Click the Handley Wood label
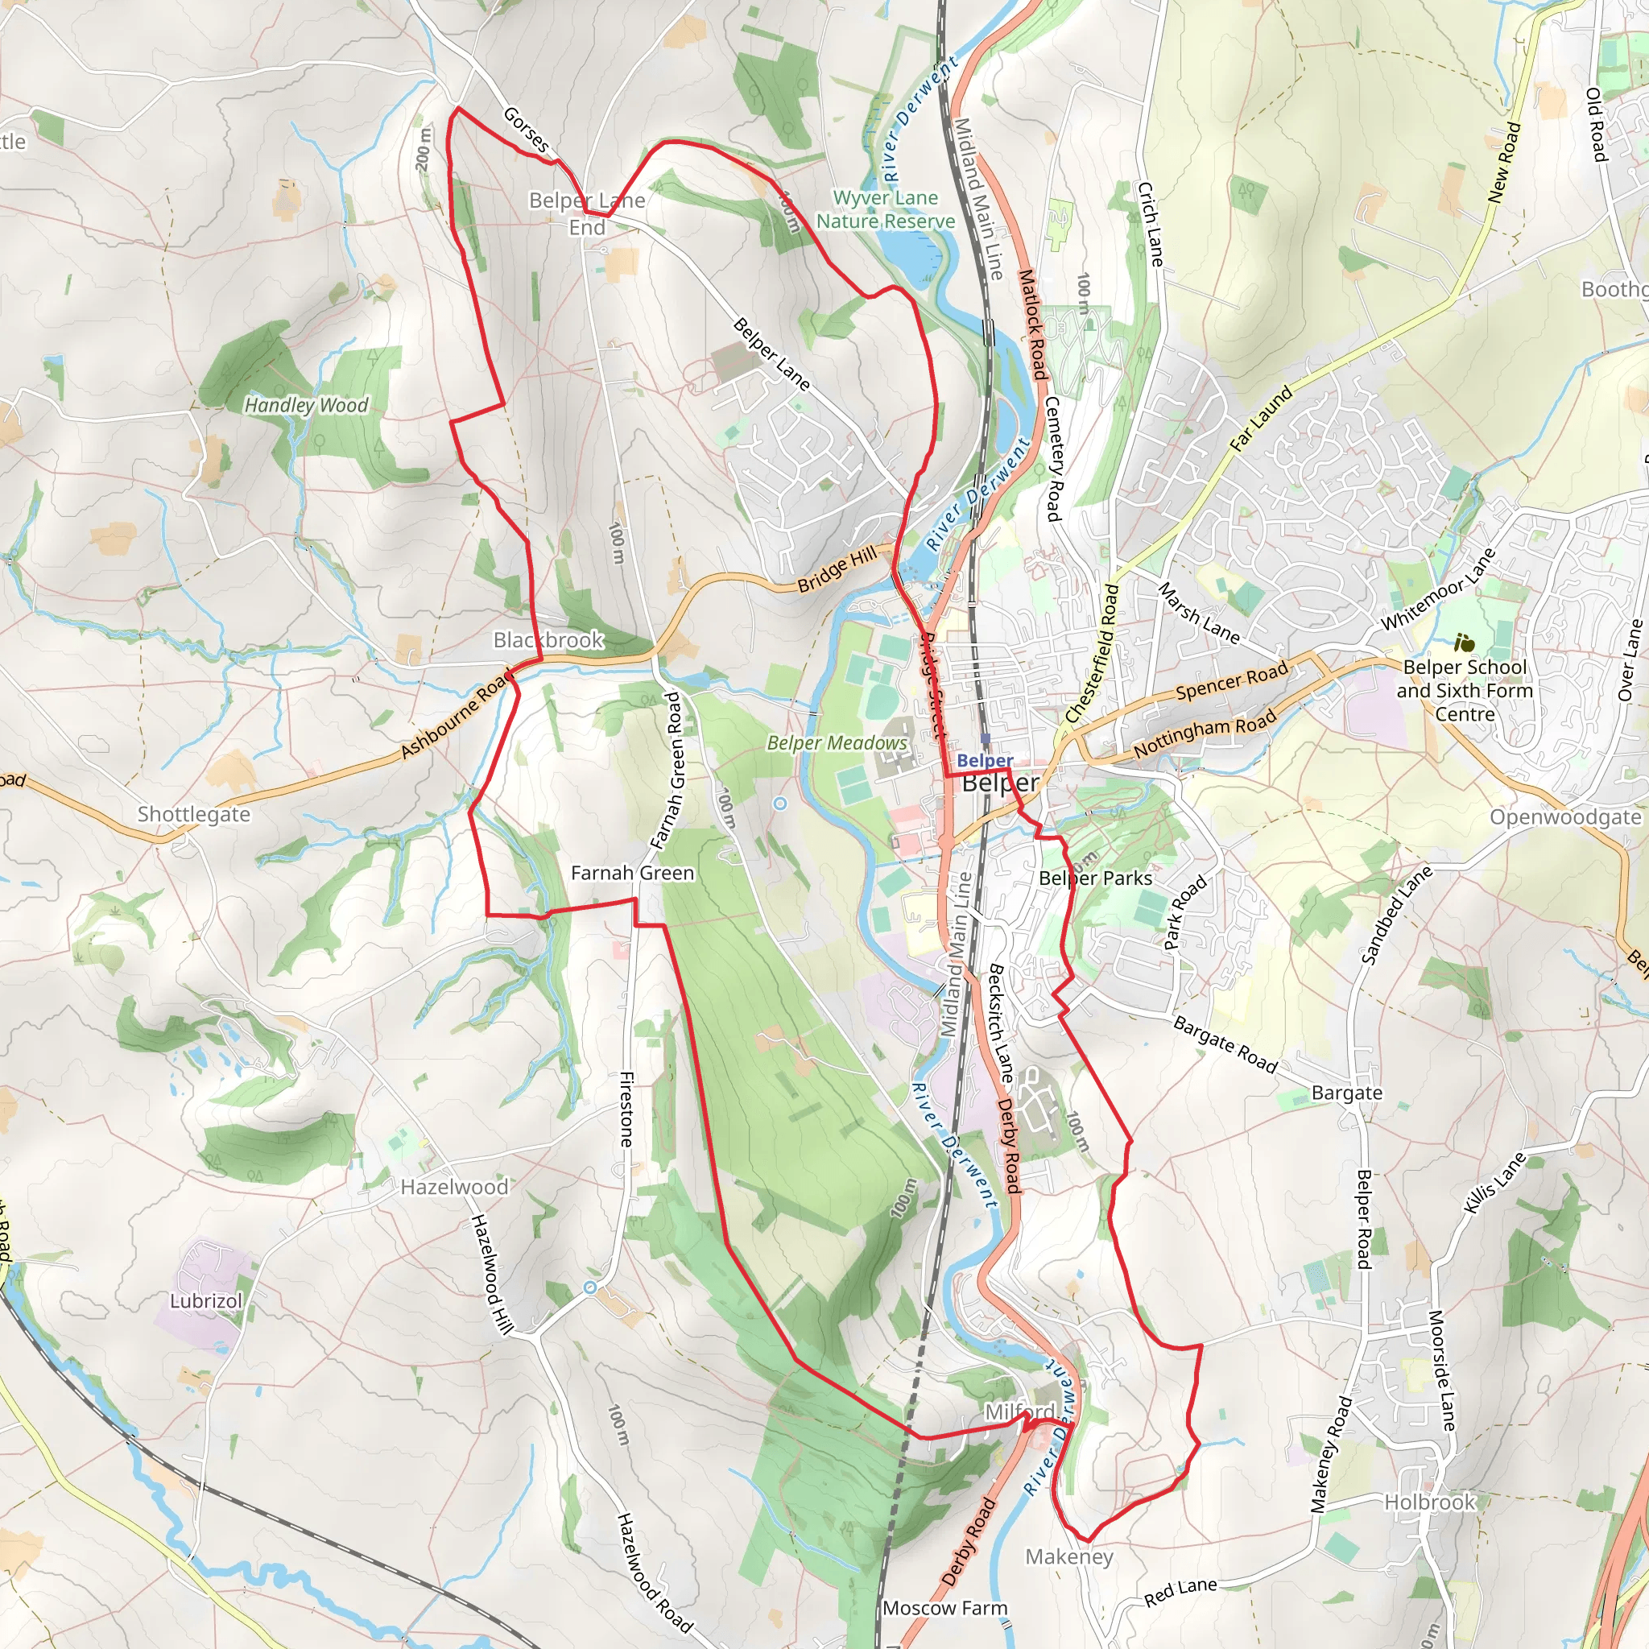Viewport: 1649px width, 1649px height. pos(307,406)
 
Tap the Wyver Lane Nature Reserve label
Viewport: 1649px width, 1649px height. pos(885,210)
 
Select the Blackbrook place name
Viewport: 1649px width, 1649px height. pos(548,640)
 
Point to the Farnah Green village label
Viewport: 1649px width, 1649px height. pos(632,873)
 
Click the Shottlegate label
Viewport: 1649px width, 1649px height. pos(194,814)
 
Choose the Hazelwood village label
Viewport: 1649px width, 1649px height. pos(454,1188)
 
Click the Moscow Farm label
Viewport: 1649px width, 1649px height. pos(944,1608)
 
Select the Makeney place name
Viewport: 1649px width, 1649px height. pos(1069,1557)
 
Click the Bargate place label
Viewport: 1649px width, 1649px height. pos(1347,1093)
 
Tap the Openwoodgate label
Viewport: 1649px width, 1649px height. pos(1565,818)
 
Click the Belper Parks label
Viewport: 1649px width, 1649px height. pos(1095,878)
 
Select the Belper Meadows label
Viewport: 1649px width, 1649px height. pos(837,743)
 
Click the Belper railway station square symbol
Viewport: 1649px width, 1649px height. pos(986,739)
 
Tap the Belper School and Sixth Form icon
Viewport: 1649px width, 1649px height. pos(1465,643)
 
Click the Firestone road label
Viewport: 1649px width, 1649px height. pos(626,1109)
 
